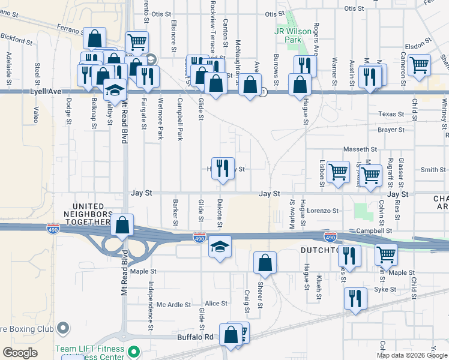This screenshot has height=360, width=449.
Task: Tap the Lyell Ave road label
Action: (46, 92)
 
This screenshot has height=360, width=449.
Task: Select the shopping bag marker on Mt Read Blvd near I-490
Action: (122, 226)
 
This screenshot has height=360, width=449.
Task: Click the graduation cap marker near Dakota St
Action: (220, 246)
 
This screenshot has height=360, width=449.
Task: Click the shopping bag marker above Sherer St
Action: (265, 262)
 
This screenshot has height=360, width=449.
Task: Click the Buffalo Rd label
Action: (195, 337)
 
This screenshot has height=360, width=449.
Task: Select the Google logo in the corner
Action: (20, 353)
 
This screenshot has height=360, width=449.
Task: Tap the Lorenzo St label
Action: (323, 211)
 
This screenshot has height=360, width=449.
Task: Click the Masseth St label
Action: (360, 149)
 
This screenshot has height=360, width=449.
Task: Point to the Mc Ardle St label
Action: (173, 304)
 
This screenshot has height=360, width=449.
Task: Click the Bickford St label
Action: (17, 40)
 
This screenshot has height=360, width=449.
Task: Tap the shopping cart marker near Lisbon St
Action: (339, 172)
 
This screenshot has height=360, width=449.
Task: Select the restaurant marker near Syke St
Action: (355, 298)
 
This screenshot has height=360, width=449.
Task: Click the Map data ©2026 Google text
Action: (412, 355)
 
